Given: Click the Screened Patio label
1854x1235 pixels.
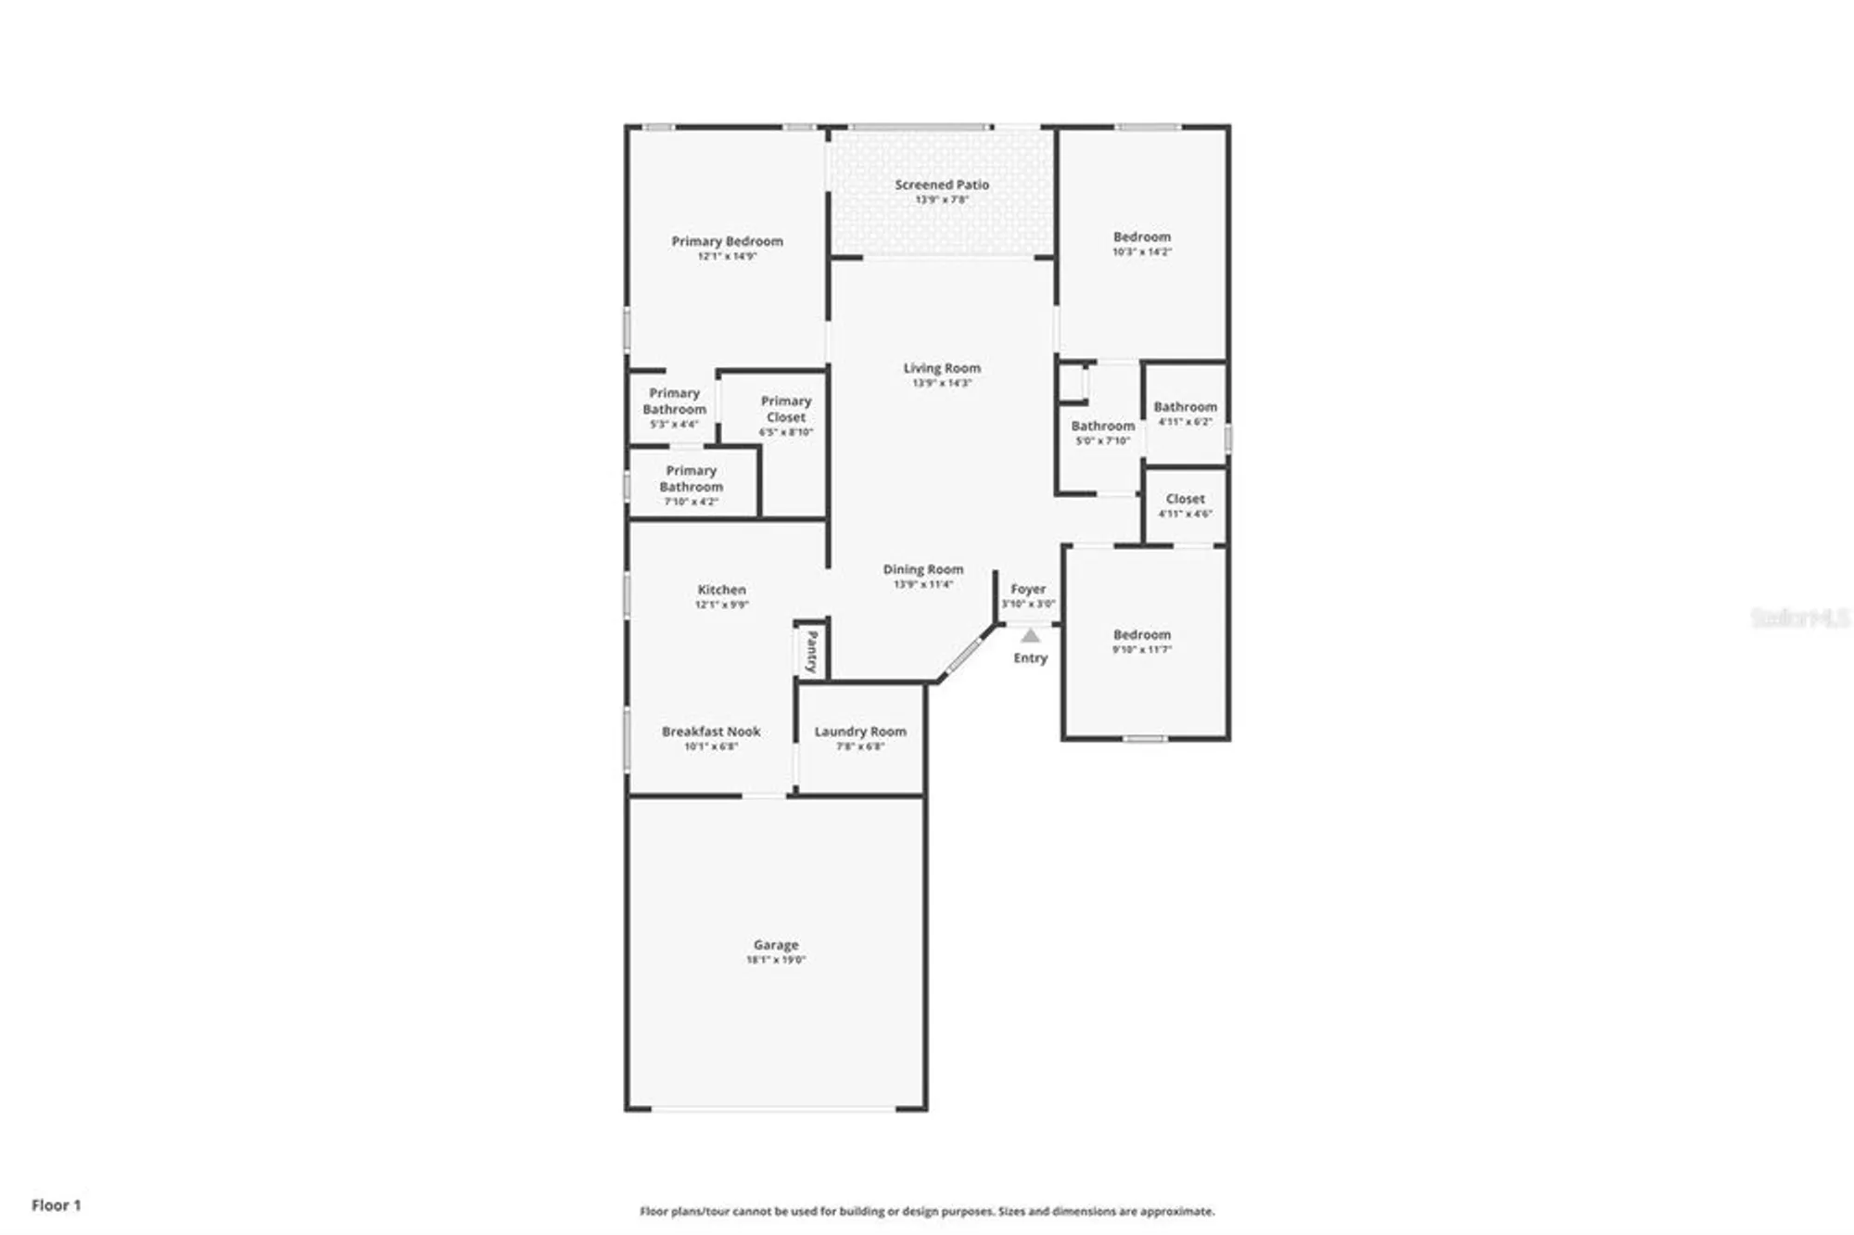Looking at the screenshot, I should tap(941, 185).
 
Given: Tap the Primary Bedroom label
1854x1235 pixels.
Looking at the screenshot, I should tap(727, 241).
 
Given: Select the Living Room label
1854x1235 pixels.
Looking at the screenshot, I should tap(942, 368).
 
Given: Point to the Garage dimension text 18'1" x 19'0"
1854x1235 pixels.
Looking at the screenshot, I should tap(776, 960).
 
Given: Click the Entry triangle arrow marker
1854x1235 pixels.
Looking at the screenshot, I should tap(1030, 636).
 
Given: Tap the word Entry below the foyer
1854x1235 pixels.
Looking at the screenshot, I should tap(1030, 657).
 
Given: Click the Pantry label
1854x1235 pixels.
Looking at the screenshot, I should tap(812, 651).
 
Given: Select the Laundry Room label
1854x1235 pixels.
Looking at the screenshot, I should tap(860, 732).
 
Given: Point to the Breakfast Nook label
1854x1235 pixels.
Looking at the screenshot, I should tap(711, 732).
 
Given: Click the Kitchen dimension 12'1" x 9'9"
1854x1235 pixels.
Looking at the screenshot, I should tap(721, 605).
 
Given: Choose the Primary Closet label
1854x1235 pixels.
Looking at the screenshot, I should tap(786, 409).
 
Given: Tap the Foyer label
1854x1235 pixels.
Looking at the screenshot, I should tap(1027, 589).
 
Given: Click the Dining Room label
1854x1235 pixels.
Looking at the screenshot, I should tap(922, 569).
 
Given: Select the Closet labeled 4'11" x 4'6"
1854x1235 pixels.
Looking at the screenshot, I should tap(1185, 499).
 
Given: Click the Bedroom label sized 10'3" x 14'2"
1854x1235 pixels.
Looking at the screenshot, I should tap(1141, 237).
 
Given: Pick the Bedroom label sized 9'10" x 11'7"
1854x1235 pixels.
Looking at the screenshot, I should tap(1141, 635).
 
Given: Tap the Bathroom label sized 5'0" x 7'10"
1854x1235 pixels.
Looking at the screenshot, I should tap(1102, 427).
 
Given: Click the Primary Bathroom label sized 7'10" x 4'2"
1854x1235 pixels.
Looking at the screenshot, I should tap(691, 478).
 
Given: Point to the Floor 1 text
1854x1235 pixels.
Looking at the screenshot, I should tap(57, 1204).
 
